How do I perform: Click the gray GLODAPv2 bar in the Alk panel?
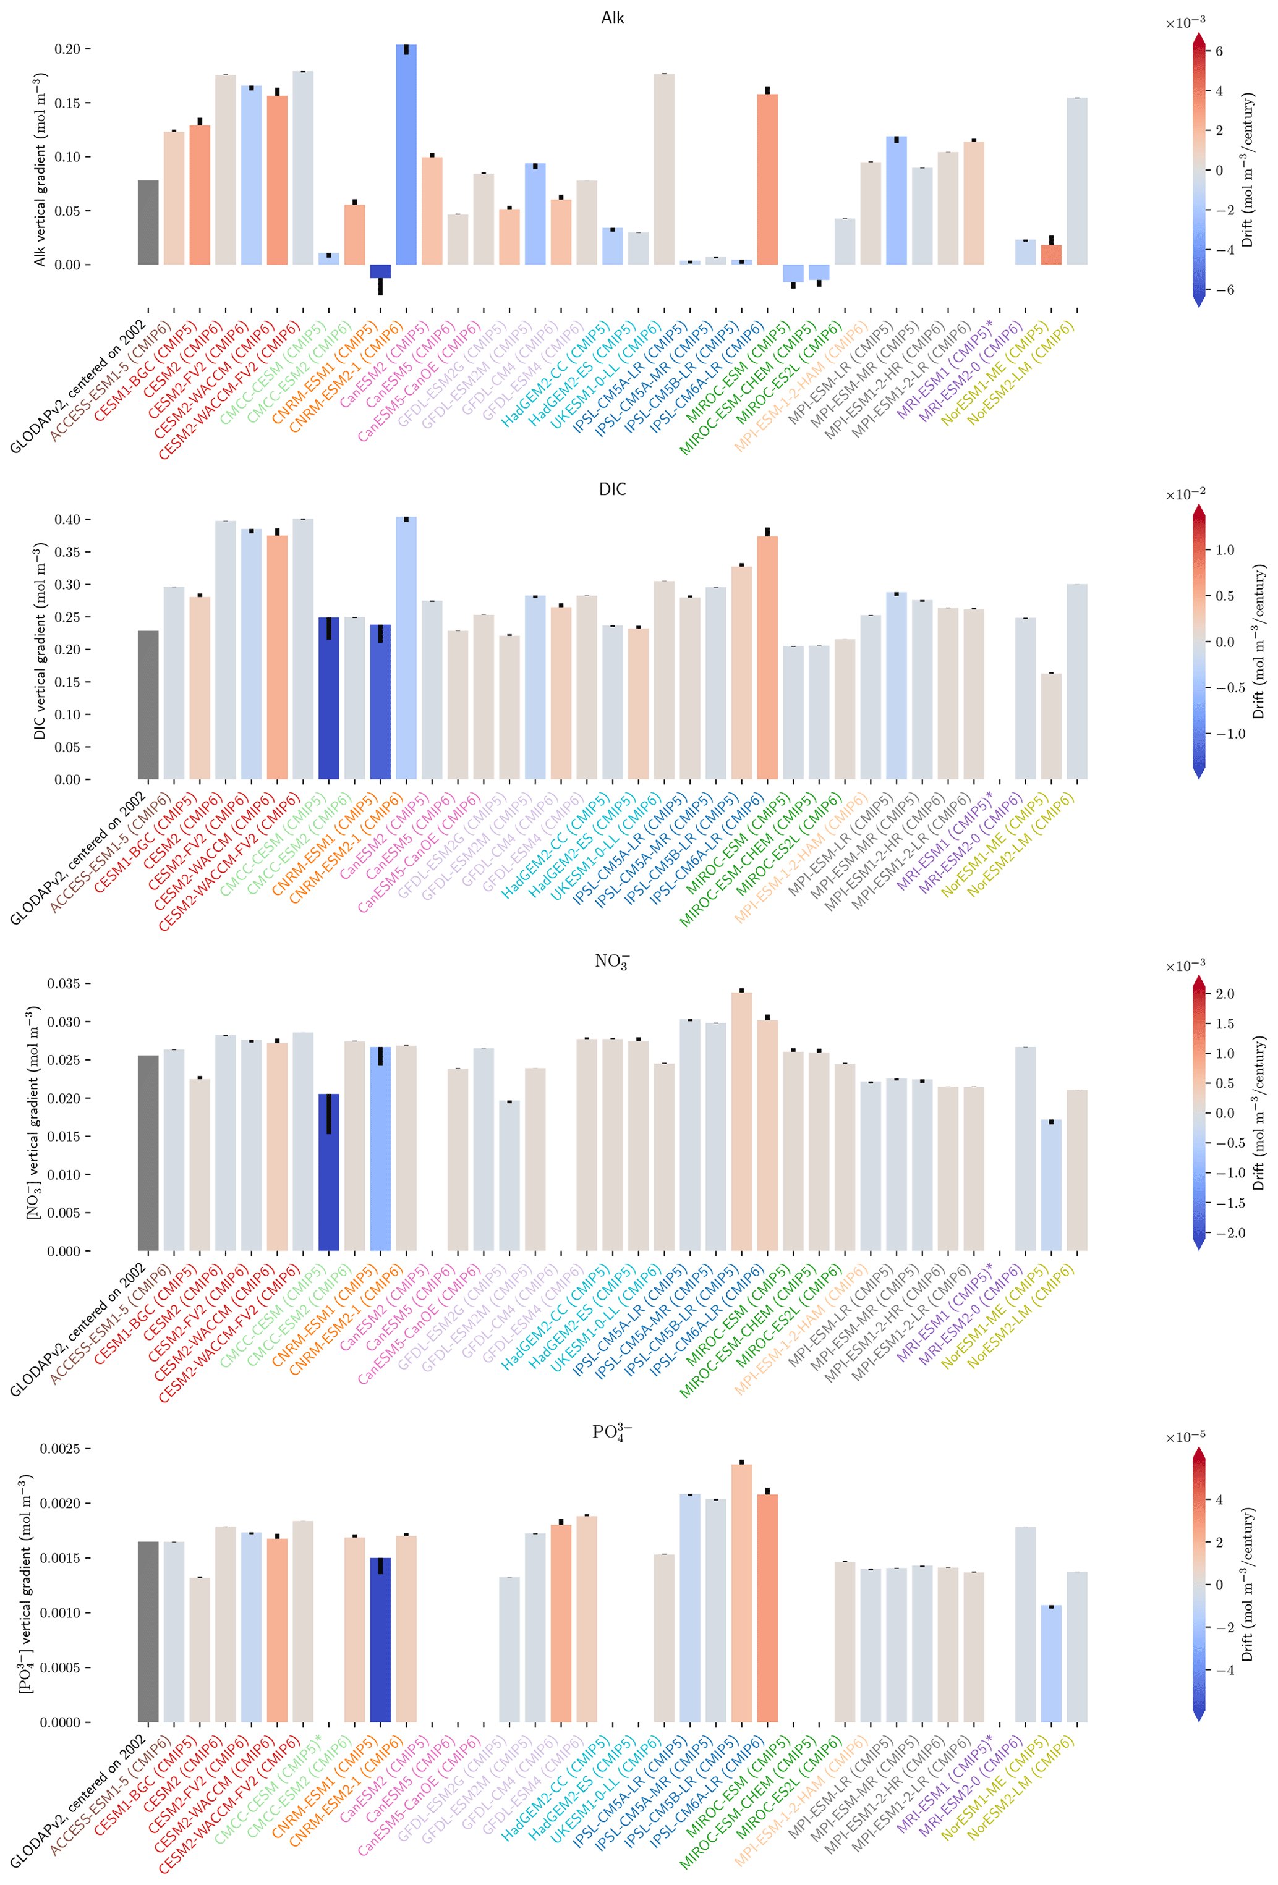(148, 222)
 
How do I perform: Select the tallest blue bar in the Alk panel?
(406, 154)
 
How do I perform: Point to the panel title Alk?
(612, 18)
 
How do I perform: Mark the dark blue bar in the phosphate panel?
(380, 1639)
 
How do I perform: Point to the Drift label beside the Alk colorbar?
(1247, 171)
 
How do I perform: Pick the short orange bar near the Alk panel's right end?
(1051, 255)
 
